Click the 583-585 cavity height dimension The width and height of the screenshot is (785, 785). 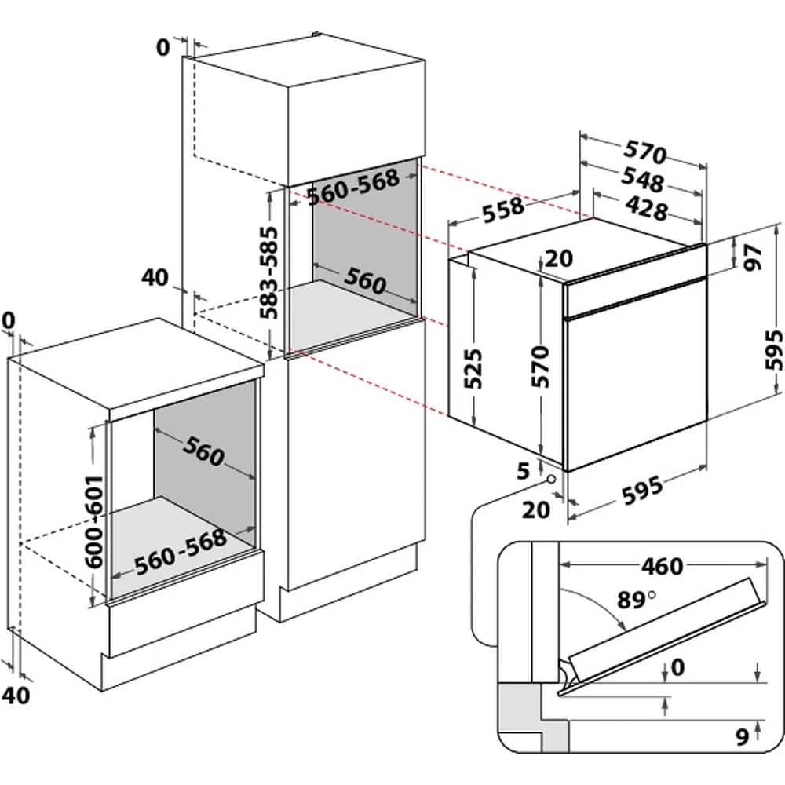pos(268,273)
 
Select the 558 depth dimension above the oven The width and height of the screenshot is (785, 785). pos(503,209)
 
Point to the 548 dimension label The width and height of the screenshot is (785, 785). pos(642,179)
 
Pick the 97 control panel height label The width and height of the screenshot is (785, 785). pos(753,257)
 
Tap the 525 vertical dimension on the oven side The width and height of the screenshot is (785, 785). pos(473,368)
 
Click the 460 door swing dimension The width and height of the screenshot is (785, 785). pos(663,566)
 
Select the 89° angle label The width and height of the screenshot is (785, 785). pos(635,600)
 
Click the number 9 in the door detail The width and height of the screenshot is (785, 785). pos(743,736)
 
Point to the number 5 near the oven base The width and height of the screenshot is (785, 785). pos(523,470)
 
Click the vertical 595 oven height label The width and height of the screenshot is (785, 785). pos(773,349)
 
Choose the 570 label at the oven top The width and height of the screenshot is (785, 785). pos(645,152)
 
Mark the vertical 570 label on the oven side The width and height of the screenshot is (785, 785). pos(541,366)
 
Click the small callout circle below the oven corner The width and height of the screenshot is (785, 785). pos(551,479)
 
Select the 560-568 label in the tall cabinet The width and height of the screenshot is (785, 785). pos(353,187)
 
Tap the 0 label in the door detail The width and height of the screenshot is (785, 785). pos(677,666)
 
